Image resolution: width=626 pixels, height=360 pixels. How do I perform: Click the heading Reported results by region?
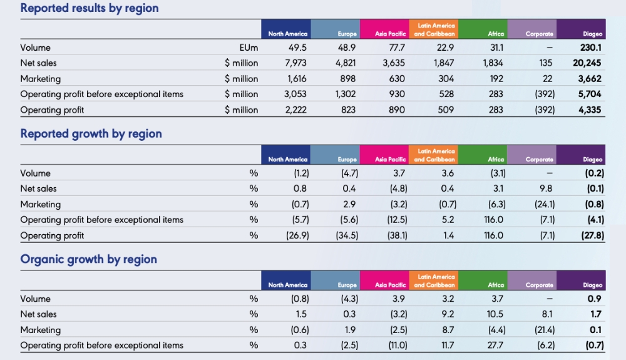tap(90, 8)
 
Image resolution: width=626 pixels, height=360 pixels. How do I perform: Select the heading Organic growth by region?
tap(89, 259)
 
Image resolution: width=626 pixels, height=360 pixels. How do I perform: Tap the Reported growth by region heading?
tap(91, 133)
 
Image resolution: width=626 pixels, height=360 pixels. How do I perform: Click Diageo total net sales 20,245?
tap(587, 63)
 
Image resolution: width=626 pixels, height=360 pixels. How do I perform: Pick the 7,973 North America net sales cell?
tap(297, 63)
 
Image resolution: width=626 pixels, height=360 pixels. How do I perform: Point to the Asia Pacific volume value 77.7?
tap(397, 48)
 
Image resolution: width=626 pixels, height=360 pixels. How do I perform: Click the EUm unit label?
tap(249, 48)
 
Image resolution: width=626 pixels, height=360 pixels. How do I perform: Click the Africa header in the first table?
tap(496, 34)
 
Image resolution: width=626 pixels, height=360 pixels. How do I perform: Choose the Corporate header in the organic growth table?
tap(539, 285)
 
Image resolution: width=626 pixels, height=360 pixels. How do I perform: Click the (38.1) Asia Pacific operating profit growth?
tap(396, 235)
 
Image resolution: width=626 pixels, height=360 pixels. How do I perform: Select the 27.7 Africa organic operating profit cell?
tap(496, 345)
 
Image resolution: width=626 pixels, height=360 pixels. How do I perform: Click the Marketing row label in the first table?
tap(41, 79)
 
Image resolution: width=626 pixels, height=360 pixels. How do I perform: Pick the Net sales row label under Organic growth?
tap(38, 314)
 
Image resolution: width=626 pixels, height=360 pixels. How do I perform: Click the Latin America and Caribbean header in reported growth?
tap(434, 155)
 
